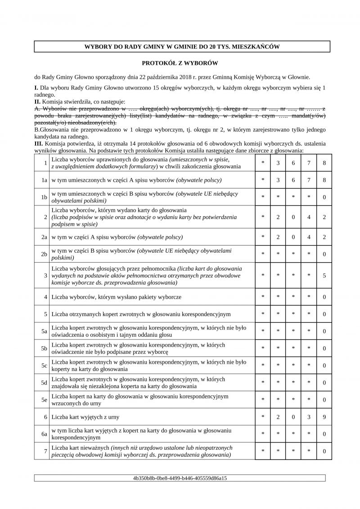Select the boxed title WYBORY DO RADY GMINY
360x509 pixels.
(182, 47)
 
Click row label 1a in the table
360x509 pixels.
(44, 180)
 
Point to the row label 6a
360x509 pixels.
(44, 434)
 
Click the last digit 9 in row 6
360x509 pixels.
(324, 417)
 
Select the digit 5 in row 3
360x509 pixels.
(324, 275)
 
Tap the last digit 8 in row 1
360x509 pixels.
(324, 163)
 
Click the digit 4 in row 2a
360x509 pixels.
(309, 237)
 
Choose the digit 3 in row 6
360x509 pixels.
(309, 417)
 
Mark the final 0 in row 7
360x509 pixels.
(324, 451)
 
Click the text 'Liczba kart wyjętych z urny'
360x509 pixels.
(85, 417)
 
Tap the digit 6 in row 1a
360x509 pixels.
(293, 180)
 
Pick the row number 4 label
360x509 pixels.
(46, 297)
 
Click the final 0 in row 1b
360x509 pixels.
(324, 197)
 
